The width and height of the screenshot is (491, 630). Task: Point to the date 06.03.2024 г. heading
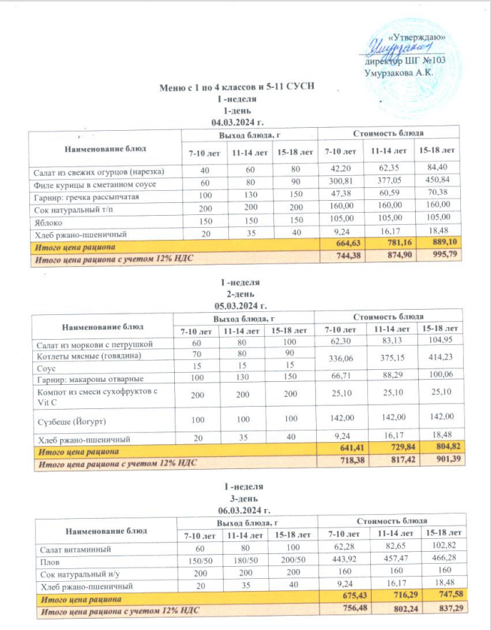point(242,510)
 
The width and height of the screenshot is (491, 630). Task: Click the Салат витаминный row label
point(68,547)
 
